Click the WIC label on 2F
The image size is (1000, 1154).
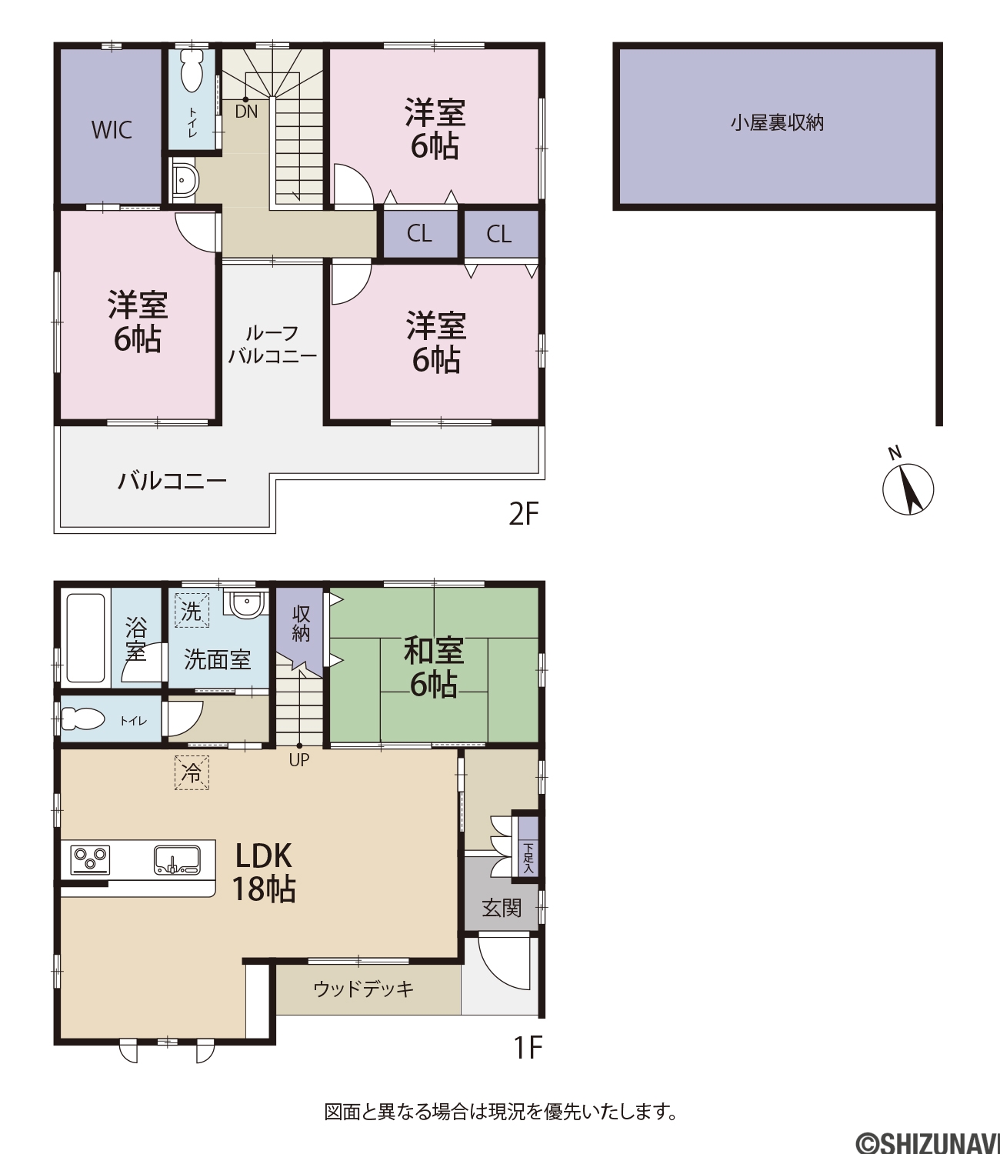112,130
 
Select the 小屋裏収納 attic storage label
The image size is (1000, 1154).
777,123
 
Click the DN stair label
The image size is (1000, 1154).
246,112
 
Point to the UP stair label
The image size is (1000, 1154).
299,760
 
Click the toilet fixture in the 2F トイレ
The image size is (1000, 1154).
192,70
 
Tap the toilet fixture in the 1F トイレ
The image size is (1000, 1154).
82,719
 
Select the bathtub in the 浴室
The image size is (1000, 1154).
86,638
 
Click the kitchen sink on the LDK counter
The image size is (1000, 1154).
177,860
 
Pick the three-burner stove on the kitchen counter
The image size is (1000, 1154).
90,860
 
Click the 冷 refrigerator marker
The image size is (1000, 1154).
192,772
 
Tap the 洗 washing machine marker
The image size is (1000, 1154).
192,611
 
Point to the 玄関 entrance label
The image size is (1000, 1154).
502,909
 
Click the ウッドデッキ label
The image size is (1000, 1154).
364,989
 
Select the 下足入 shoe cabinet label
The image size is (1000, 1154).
528,857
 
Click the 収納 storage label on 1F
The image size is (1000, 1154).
301,624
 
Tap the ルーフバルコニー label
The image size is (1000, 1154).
272,345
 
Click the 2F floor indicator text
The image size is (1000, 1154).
523,514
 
